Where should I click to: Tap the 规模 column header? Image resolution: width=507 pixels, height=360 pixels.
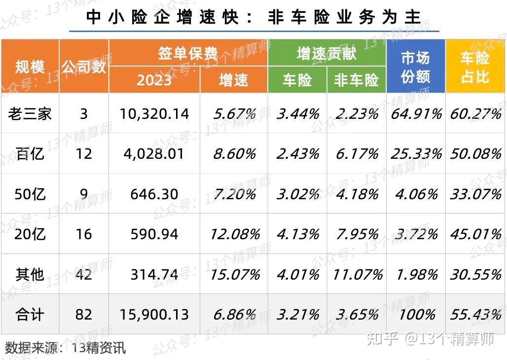[30, 67]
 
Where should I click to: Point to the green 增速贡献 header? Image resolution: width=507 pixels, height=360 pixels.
[326, 53]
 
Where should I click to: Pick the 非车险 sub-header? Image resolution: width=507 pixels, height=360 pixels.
[356, 80]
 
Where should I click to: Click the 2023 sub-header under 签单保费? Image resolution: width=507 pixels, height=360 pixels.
[154, 80]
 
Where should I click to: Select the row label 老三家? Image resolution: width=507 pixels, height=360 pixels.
[30, 114]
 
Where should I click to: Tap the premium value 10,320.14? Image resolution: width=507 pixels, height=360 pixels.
[154, 114]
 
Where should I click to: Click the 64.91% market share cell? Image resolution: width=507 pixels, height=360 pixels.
[416, 114]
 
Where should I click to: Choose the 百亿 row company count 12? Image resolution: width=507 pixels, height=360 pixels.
[84, 154]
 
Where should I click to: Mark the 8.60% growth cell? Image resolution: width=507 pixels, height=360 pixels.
[234, 154]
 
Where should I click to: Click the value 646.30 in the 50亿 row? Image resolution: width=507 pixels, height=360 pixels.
[154, 194]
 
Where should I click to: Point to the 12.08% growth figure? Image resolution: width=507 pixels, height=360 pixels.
[234, 234]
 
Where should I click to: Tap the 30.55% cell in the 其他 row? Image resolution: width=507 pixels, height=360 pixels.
[475, 274]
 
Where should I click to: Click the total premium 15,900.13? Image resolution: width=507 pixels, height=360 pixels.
[154, 314]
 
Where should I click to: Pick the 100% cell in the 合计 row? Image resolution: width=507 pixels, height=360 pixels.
[416, 314]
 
